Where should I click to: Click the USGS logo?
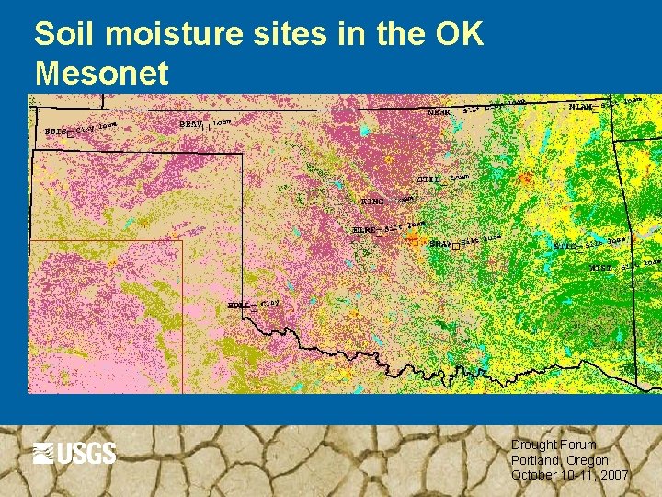tap(74, 453)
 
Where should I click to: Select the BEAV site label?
tap(191, 123)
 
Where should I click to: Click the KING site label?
tap(372, 201)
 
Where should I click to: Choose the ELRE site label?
tap(363, 230)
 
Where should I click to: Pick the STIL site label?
tap(428, 179)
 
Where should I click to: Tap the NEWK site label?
tap(439, 113)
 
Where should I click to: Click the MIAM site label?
tap(580, 107)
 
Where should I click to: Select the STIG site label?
tap(565, 247)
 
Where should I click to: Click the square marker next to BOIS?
tap(70, 133)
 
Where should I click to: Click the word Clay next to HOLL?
tap(270, 302)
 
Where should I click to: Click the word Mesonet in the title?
tap(101, 73)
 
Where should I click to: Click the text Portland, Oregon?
tap(559, 460)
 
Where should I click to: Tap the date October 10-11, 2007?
tap(569, 475)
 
